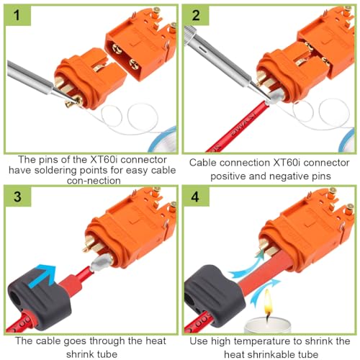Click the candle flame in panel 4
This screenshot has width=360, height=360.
[x=269, y=301]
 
